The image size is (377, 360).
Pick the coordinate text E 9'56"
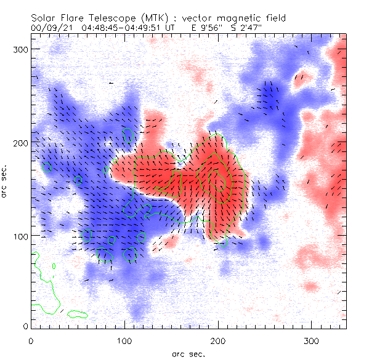click(x=197, y=28)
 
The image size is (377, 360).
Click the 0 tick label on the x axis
click(x=31, y=340)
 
